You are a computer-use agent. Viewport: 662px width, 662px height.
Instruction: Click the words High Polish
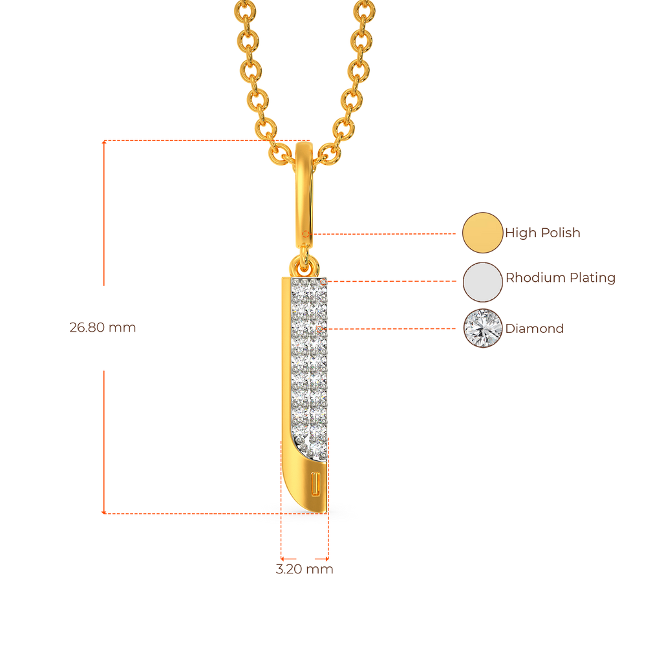click(543, 233)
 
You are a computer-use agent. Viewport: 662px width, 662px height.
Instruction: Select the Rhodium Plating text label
click(560, 278)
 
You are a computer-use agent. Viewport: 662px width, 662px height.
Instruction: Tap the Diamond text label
click(535, 328)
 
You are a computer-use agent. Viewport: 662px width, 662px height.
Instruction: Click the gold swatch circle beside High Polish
click(482, 233)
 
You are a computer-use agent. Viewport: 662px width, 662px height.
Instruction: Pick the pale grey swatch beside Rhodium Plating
click(482, 282)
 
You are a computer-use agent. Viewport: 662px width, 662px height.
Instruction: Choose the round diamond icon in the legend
click(482, 328)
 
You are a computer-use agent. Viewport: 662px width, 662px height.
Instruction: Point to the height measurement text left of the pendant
click(103, 328)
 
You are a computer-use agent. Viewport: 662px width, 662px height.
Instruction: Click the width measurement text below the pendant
click(304, 570)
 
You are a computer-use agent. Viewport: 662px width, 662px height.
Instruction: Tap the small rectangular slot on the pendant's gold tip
click(315, 484)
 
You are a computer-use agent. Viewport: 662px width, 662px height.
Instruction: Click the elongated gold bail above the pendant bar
click(304, 194)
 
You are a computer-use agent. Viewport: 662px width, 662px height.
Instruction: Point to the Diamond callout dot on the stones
click(320, 328)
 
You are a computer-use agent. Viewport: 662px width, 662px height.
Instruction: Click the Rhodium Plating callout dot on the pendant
click(324, 281)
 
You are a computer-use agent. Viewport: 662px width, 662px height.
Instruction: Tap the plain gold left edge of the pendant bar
click(285, 362)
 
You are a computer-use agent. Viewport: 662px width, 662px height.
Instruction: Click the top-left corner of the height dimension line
click(103, 140)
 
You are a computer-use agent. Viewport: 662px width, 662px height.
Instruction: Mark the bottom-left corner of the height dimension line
click(103, 513)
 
